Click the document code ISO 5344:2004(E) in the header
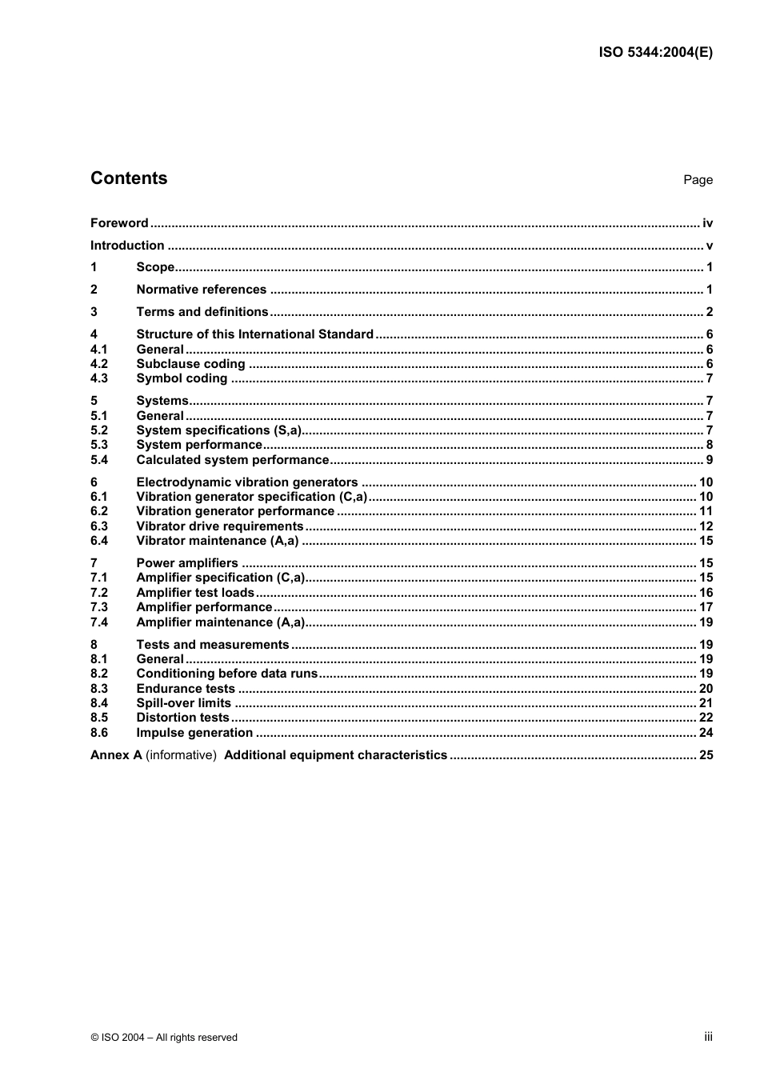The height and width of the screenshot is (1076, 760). click(655, 53)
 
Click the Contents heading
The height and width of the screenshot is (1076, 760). click(129, 178)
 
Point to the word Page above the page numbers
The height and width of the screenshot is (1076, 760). click(698, 180)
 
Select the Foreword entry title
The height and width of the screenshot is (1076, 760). click(119, 223)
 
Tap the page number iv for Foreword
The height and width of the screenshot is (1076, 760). click(707, 223)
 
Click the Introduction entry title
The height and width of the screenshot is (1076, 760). click(127, 246)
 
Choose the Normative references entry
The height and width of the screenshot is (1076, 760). click(201, 290)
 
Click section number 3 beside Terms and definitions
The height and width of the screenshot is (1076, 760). click(94, 312)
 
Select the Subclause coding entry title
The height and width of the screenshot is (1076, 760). click(190, 364)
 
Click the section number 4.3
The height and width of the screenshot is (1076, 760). click(98, 378)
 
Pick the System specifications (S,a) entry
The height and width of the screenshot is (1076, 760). click(218, 430)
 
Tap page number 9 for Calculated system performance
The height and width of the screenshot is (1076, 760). click(709, 460)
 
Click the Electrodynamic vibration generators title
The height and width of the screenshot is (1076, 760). click(246, 482)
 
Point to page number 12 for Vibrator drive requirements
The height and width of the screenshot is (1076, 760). click(706, 526)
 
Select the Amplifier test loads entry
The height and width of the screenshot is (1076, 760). click(195, 593)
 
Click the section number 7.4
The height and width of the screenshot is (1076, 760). click(98, 622)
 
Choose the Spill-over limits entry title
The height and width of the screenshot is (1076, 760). click(183, 703)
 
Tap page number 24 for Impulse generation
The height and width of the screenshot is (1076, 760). click(706, 733)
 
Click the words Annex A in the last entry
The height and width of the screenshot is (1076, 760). click(116, 755)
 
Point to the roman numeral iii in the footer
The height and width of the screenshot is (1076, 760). click(708, 1037)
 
